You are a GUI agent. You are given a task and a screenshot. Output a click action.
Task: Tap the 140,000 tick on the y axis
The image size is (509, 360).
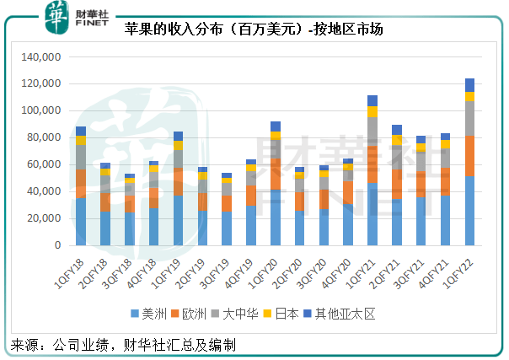(40, 57)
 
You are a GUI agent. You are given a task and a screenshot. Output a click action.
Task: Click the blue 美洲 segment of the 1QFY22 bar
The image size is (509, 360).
(469, 211)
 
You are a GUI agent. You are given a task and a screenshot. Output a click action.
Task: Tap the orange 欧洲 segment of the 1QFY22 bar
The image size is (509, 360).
(469, 156)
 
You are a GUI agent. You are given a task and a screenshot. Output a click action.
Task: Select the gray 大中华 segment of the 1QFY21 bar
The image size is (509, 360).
(372, 132)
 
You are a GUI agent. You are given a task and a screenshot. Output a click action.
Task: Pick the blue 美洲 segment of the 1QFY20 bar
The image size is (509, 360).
(276, 218)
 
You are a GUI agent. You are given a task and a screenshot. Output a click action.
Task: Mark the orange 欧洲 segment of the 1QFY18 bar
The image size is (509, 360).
(81, 184)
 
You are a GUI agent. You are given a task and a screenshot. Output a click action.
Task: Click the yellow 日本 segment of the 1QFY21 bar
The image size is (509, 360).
(372, 111)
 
